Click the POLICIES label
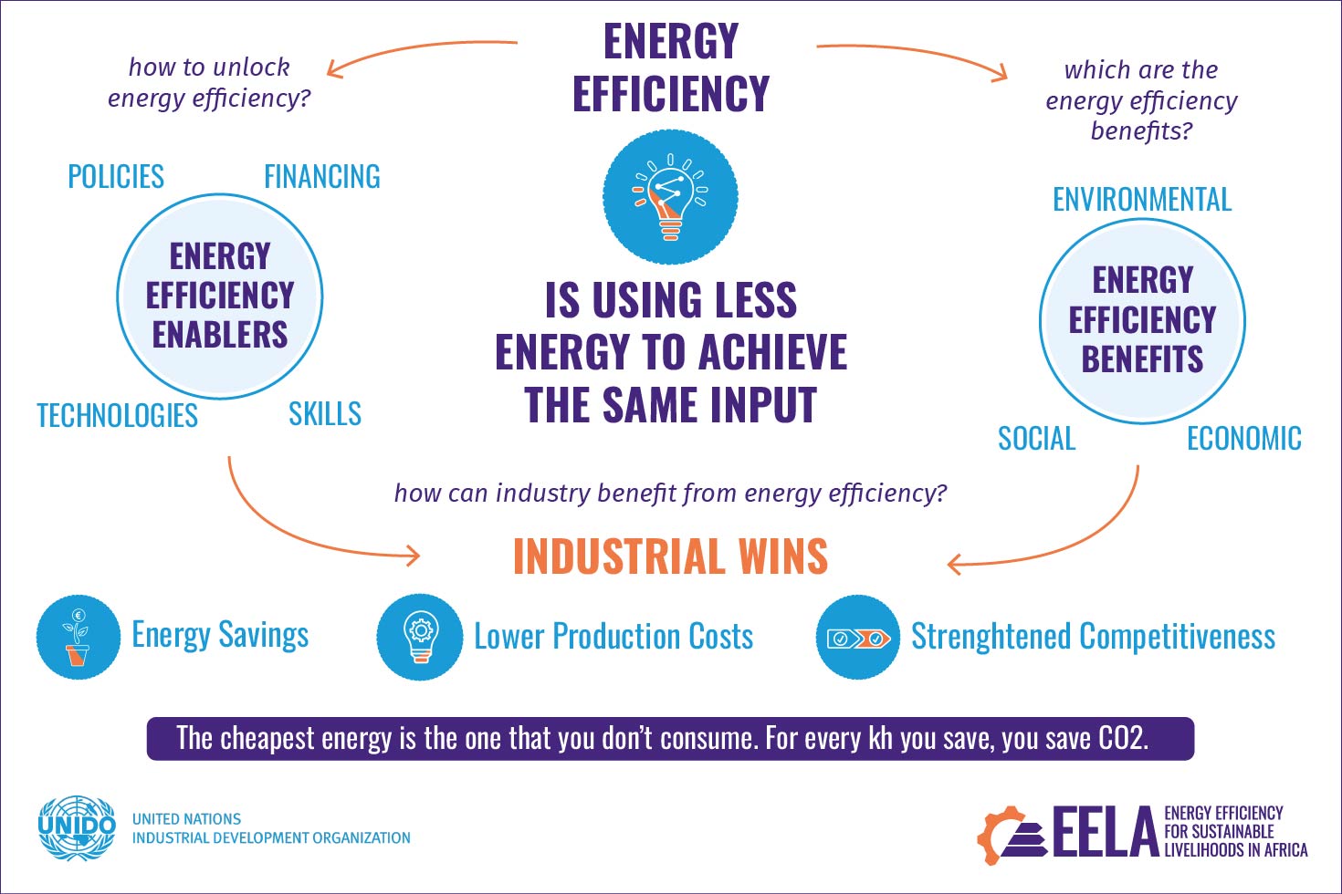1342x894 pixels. [116, 176]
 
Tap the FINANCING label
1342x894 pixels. [321, 176]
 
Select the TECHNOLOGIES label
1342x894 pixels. [117, 416]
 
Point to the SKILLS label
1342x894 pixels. [325, 414]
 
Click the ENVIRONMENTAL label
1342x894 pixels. [1142, 199]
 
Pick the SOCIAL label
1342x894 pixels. [1036, 439]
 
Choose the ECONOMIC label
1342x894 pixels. [1243, 439]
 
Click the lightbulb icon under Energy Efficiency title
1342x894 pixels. [670, 197]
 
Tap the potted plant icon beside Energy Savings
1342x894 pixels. [78, 637]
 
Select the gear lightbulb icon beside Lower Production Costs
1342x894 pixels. [420, 637]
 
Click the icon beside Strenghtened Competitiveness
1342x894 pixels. [858, 637]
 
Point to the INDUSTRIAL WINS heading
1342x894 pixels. [670, 556]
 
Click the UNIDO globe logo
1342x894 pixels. [77, 827]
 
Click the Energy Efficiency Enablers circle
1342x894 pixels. [220, 296]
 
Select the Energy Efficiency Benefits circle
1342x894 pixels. [1142, 320]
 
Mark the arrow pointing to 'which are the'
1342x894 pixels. [913, 55]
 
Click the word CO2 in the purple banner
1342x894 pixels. [1121, 738]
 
